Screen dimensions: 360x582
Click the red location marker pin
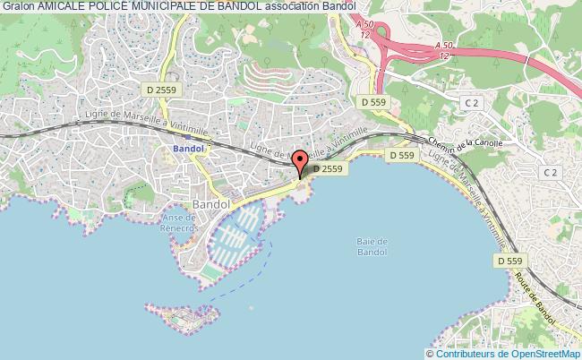300,163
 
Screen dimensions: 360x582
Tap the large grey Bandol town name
210,204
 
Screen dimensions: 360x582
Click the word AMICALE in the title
62,6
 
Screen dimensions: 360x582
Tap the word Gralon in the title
18,6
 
